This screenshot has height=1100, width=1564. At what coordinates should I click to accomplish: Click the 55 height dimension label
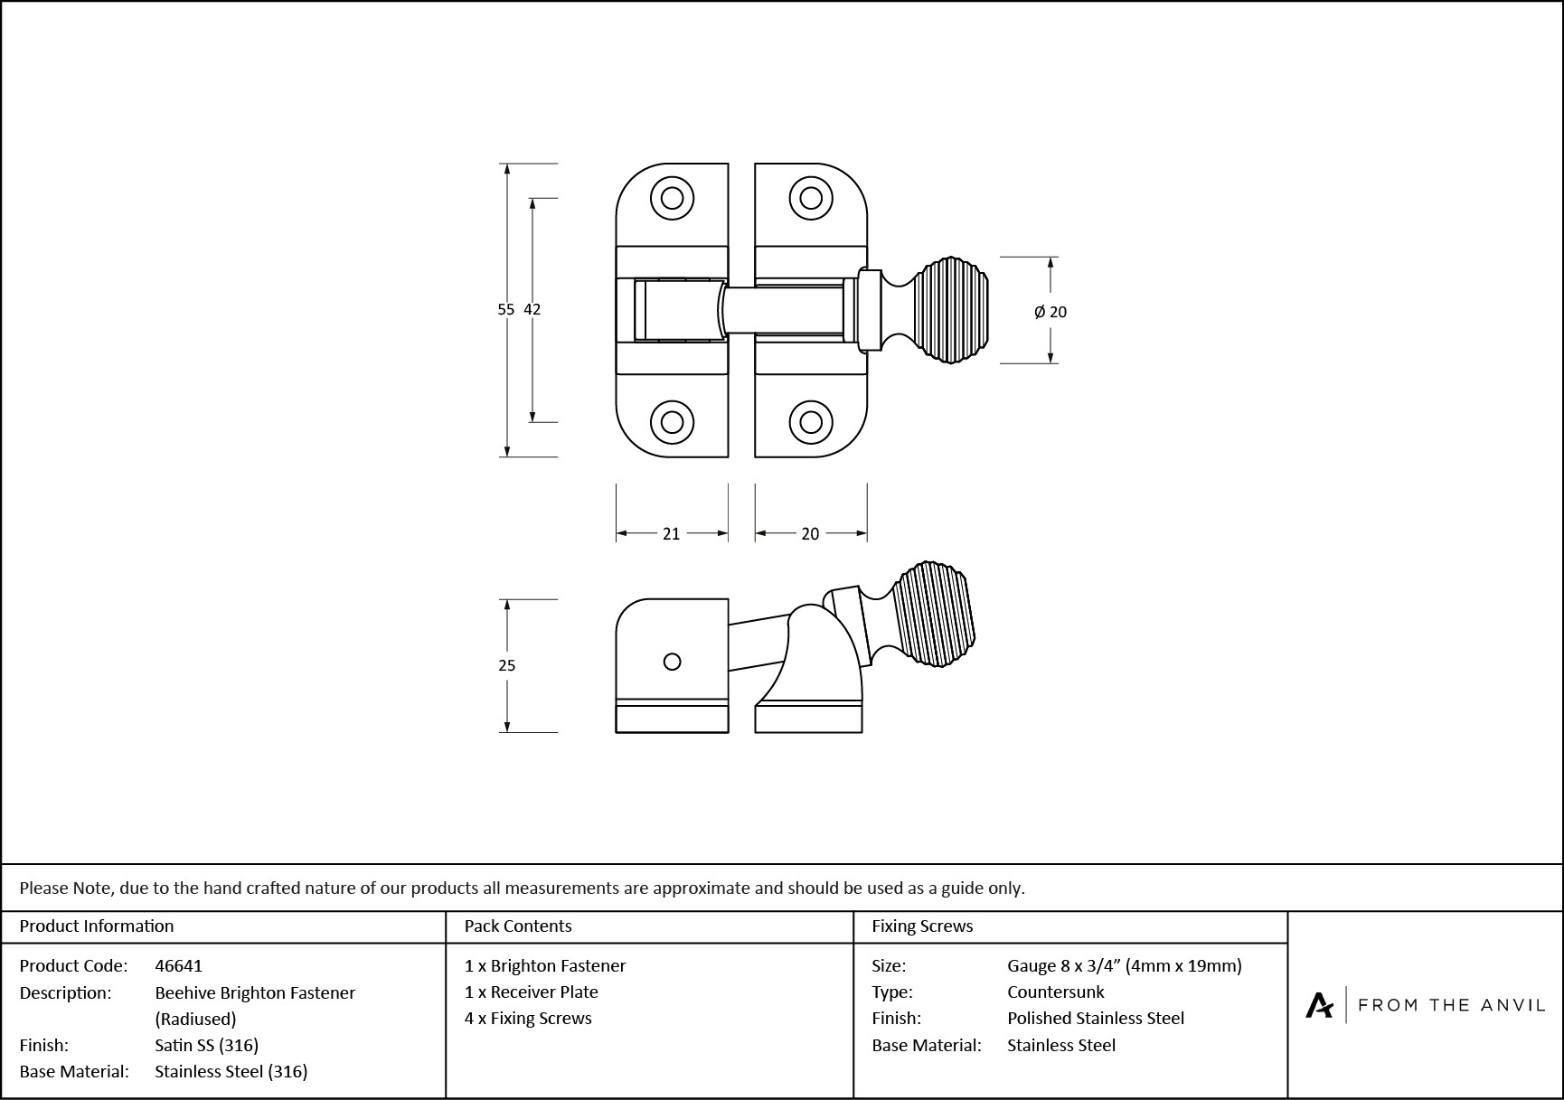coord(505,309)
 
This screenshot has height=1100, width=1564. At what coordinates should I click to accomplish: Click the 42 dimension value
coord(532,309)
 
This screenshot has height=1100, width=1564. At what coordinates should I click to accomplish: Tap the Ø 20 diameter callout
coord(1051,312)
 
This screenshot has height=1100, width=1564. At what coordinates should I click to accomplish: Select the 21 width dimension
coord(671,534)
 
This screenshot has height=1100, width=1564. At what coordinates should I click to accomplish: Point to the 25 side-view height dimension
coord(506,665)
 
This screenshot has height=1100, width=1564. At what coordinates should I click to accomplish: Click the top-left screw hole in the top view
coord(672,198)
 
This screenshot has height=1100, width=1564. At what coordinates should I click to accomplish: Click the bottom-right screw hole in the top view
coord(811,422)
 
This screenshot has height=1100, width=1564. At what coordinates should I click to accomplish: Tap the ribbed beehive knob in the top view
coord(949,310)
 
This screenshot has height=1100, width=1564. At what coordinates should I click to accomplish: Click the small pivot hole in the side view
coord(672,662)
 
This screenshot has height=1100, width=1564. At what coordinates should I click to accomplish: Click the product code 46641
coord(178,965)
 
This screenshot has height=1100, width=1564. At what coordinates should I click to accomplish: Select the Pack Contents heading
coord(518,926)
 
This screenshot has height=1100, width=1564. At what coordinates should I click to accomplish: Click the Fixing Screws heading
coord(922,926)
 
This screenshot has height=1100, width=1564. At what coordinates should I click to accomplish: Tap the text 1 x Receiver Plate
coord(531,992)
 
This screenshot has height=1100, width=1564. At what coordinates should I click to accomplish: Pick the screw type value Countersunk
coord(1055,992)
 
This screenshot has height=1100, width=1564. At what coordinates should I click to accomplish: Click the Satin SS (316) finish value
coord(206,1045)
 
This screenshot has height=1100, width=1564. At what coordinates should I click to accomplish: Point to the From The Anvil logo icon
coord(1319,1005)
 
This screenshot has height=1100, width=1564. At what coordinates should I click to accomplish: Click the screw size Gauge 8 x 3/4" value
coord(1124,965)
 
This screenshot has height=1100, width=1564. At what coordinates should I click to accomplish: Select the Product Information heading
coord(96,926)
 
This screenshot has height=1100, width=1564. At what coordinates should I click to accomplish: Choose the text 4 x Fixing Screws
coord(528,1018)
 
